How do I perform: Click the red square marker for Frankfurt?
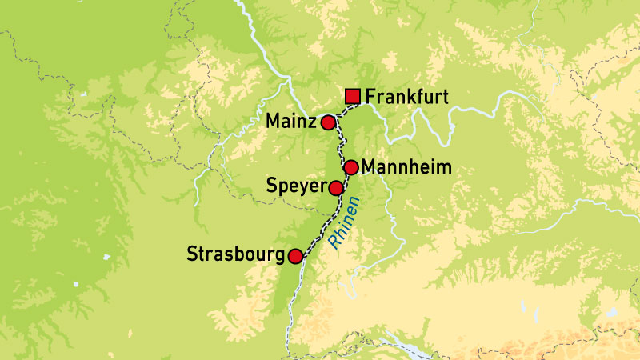point(353,98)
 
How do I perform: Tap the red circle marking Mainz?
point(327,123)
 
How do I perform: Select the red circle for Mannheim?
point(350,167)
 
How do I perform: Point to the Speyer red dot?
point(337,188)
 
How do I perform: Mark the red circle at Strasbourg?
point(295,256)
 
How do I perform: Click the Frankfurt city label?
point(406,98)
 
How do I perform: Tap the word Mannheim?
point(406,167)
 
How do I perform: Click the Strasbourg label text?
point(235,256)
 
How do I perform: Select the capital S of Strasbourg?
point(192,256)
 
